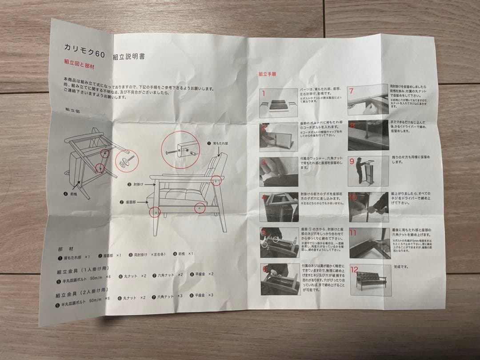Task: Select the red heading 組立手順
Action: click(x=268, y=74)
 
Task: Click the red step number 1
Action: click(x=264, y=93)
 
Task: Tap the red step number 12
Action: click(x=354, y=269)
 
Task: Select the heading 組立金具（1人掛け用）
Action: click(x=82, y=270)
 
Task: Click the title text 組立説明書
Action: click(x=128, y=57)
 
